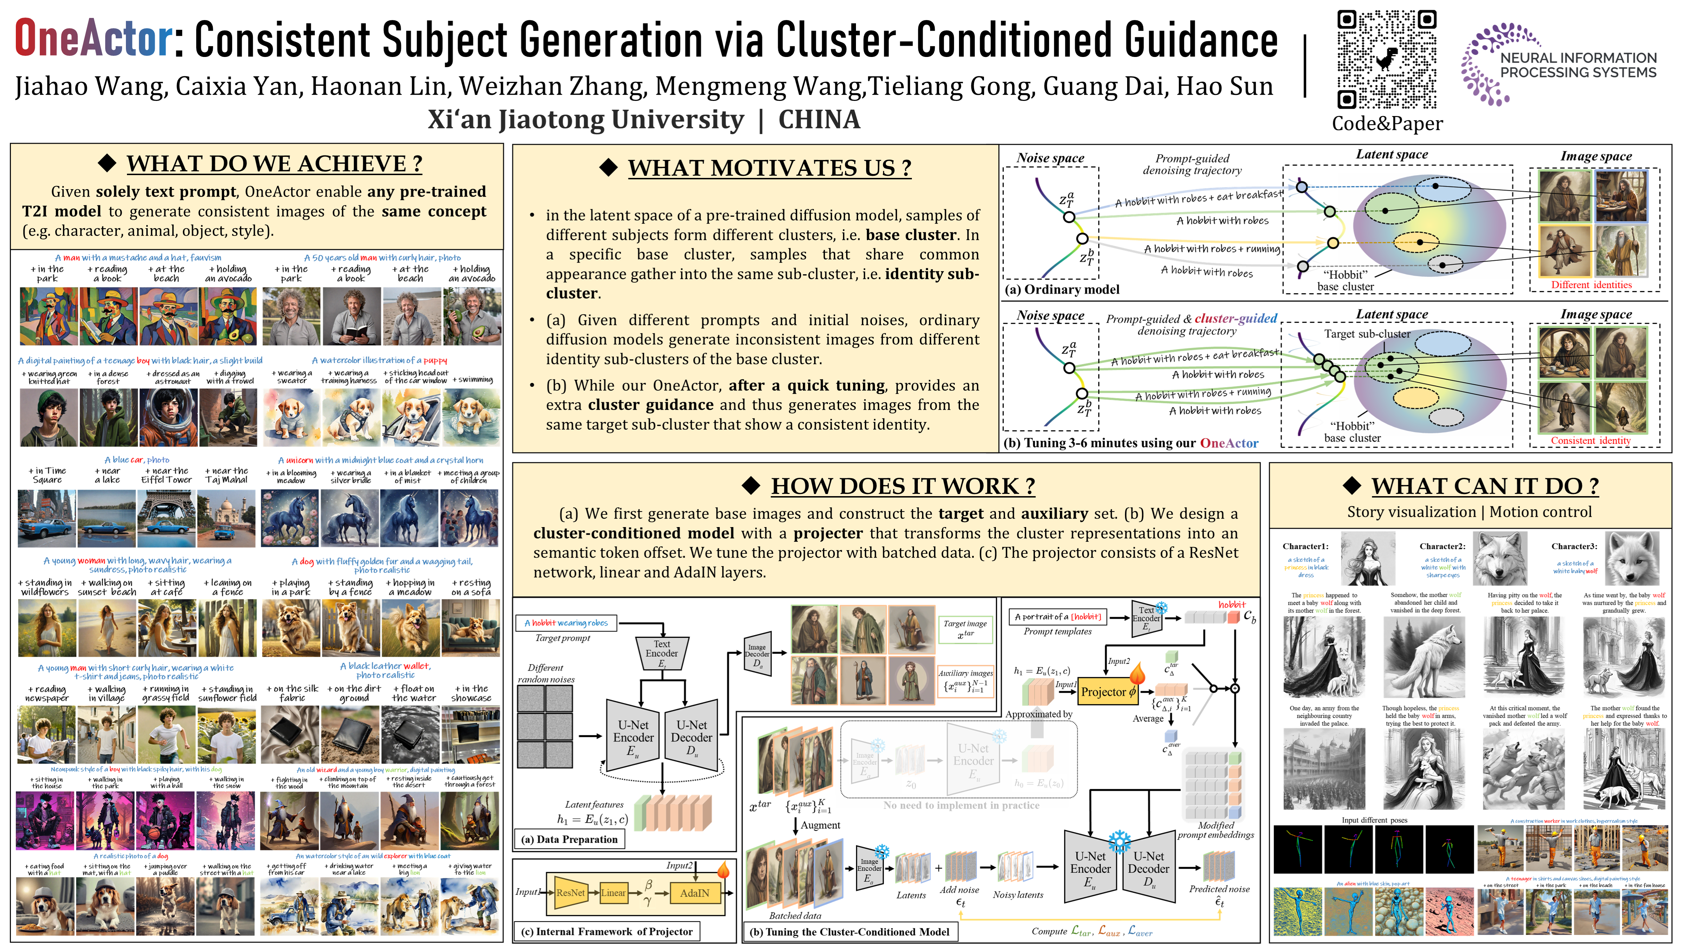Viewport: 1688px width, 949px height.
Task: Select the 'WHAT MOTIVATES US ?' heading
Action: [x=769, y=168]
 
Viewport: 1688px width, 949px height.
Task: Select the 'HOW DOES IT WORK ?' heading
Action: [x=902, y=486]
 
